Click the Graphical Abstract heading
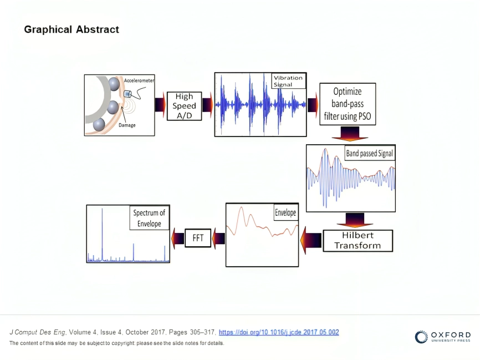click(72, 29)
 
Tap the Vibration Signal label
click(288, 81)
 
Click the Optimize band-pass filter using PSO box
click(348, 104)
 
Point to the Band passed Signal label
click(370, 153)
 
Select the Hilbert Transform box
click(358, 241)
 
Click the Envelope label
click(285, 212)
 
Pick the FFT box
click(198, 239)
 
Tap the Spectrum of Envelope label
click(149, 218)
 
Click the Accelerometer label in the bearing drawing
click(139, 80)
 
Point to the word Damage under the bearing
click(127, 125)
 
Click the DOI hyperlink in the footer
click(279, 332)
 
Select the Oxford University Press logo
click(443, 337)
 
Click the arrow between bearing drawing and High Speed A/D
click(160, 105)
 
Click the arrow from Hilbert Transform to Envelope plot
click(312, 240)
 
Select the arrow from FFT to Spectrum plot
click(178, 239)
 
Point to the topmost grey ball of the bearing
click(114, 84)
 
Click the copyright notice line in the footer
click(116, 343)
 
